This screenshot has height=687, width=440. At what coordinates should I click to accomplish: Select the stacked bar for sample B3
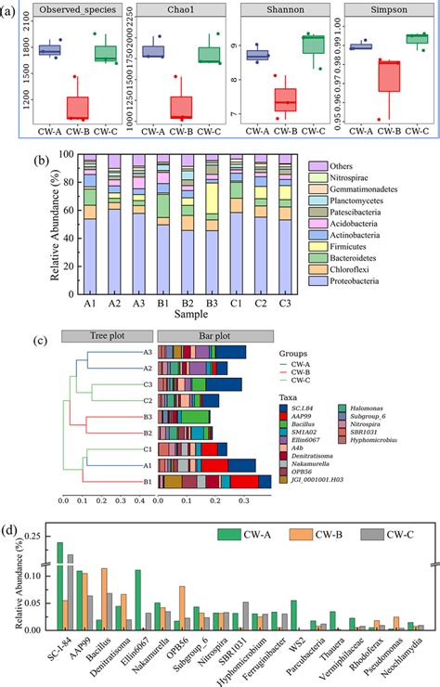tap(212, 232)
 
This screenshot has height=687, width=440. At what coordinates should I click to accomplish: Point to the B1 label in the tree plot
tap(148, 481)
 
